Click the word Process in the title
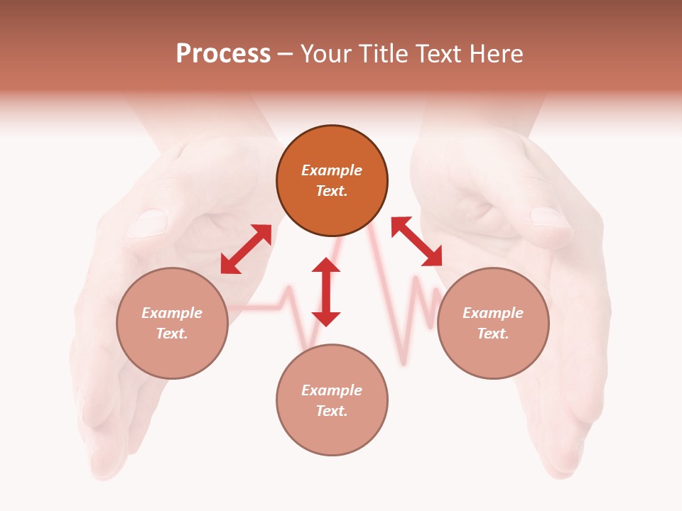pyautogui.click(x=223, y=54)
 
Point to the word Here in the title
pyautogui.click(x=497, y=54)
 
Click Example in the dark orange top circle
pyautogui.click(x=332, y=170)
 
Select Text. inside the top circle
pyautogui.click(x=332, y=191)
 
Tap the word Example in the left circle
pyautogui.click(x=172, y=313)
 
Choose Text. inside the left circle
pyautogui.click(x=172, y=334)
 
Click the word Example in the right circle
pyautogui.click(x=493, y=313)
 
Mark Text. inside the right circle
pyautogui.click(x=493, y=334)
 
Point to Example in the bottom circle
pyautogui.click(x=332, y=390)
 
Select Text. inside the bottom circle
pyautogui.click(x=332, y=411)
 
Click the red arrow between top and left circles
pyautogui.click(x=246, y=249)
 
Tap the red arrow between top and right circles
pyautogui.click(x=417, y=241)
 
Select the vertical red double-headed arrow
pyautogui.click(x=326, y=292)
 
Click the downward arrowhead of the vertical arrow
pyautogui.click(x=326, y=319)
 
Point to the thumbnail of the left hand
pyautogui.click(x=147, y=222)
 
